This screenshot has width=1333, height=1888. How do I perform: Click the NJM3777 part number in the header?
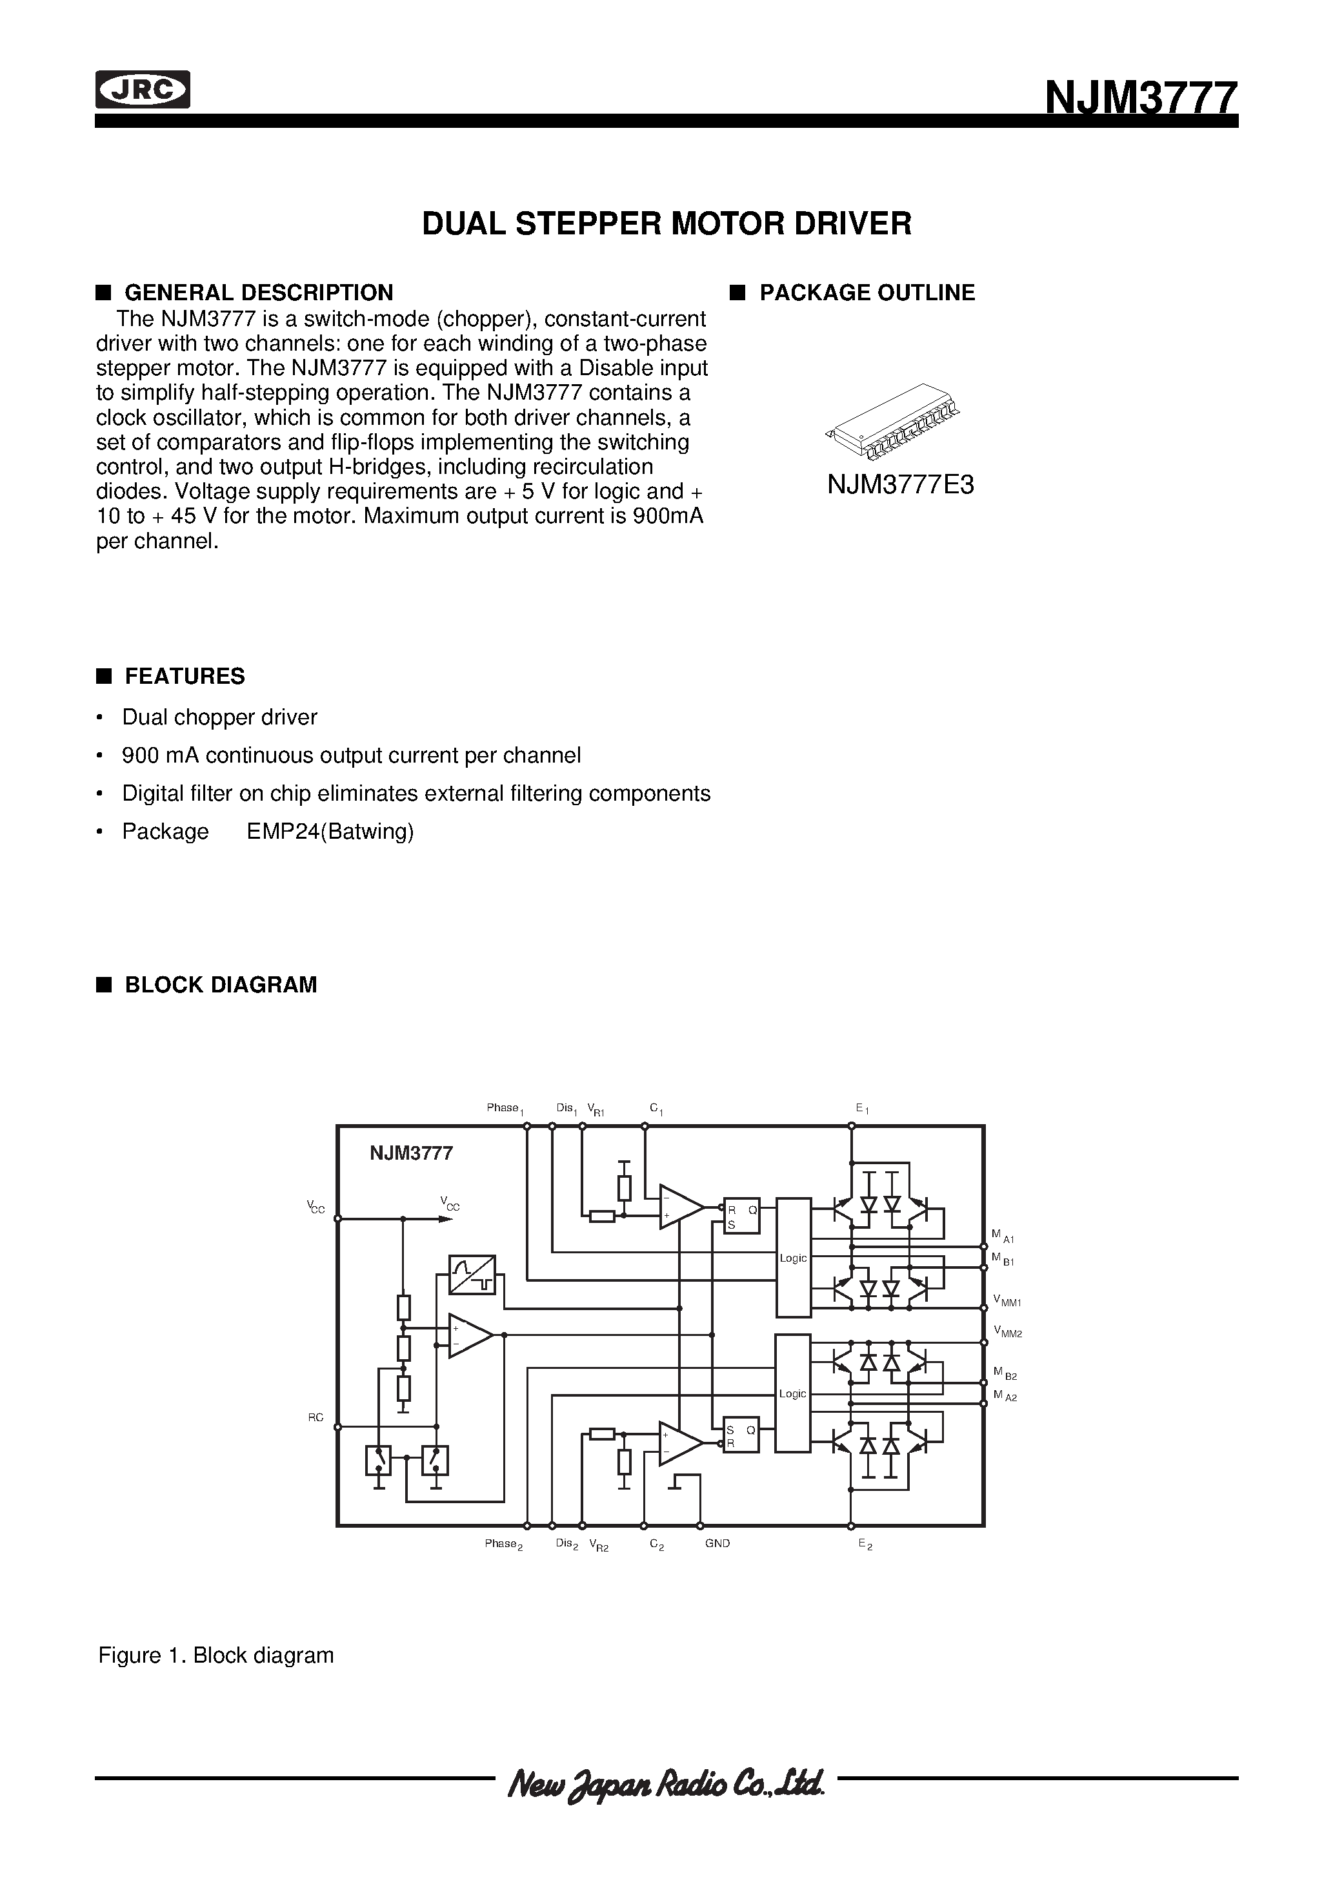point(1140,99)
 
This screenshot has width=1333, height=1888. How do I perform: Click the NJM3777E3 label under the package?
point(900,485)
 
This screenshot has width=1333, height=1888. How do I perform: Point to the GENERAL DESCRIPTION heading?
point(258,292)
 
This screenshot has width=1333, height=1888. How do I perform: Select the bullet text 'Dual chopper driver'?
point(219,717)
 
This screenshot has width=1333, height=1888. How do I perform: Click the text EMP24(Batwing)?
point(330,832)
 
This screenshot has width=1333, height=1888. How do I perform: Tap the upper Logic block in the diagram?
point(793,1257)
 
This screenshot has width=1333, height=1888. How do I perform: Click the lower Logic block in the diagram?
point(793,1393)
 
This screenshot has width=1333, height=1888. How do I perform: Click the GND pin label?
point(717,1543)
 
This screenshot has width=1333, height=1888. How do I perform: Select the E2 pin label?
point(865,1544)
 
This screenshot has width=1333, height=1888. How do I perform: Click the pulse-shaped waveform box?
point(472,1275)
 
